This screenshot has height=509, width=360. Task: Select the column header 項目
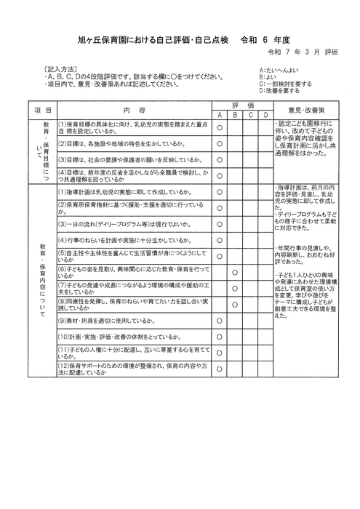click(x=42, y=110)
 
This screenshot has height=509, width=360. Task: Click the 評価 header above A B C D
click(x=243, y=105)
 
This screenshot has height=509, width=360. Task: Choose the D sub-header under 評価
click(x=266, y=115)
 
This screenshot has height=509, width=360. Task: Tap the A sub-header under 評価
click(x=219, y=115)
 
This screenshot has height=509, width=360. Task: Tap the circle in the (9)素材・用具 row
click(x=219, y=320)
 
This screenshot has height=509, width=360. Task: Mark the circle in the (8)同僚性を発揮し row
click(x=235, y=303)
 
